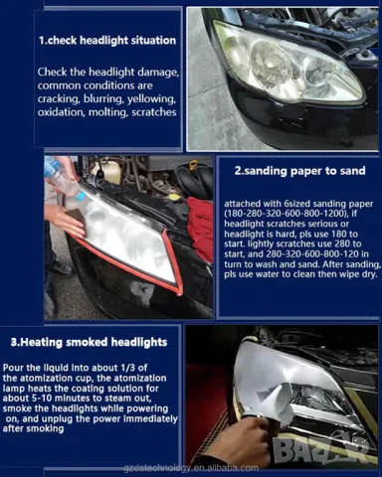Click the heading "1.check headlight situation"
tap(107, 41)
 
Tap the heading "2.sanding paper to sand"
tap(299, 171)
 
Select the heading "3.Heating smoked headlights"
tap(89, 342)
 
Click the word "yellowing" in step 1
tap(152, 98)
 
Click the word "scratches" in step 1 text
tap(154, 112)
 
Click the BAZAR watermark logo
tap(321, 451)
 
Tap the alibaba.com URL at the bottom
tap(191, 468)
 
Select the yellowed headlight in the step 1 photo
tap(287, 63)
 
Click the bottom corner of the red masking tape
tap(178, 293)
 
